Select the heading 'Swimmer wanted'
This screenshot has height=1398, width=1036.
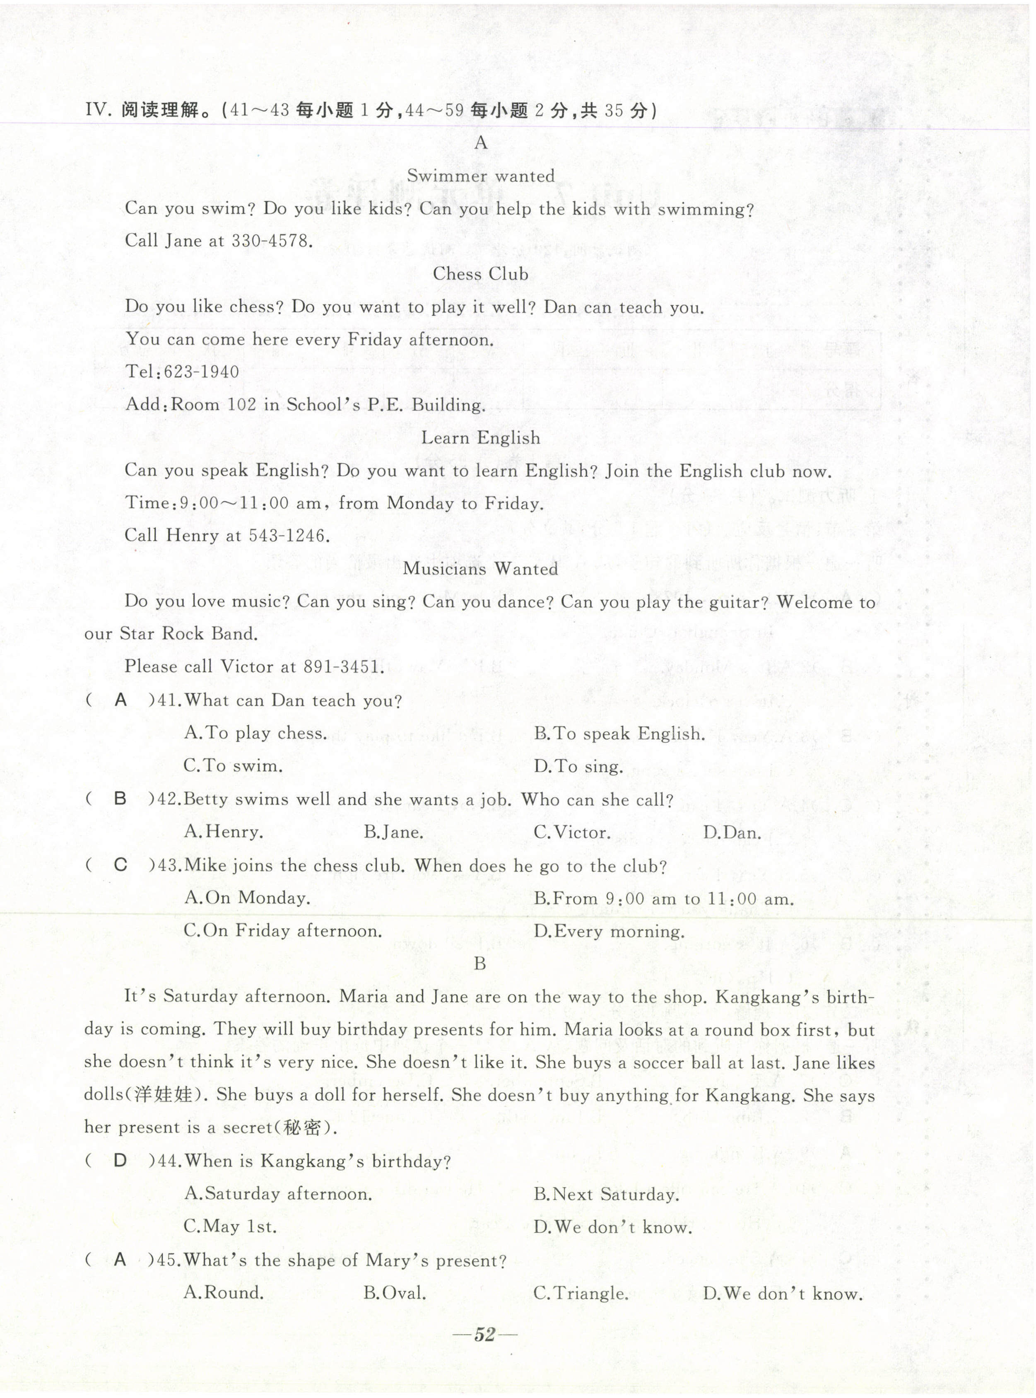click(x=481, y=176)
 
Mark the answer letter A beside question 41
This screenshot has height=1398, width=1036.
click(x=121, y=700)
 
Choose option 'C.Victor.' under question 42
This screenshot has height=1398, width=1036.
click(x=572, y=833)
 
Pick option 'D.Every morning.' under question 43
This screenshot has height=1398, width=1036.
click(x=610, y=931)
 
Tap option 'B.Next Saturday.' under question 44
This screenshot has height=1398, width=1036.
click(x=607, y=1194)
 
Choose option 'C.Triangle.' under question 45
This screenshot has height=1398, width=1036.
click(x=581, y=1293)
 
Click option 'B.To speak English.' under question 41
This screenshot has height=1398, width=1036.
click(x=619, y=734)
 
